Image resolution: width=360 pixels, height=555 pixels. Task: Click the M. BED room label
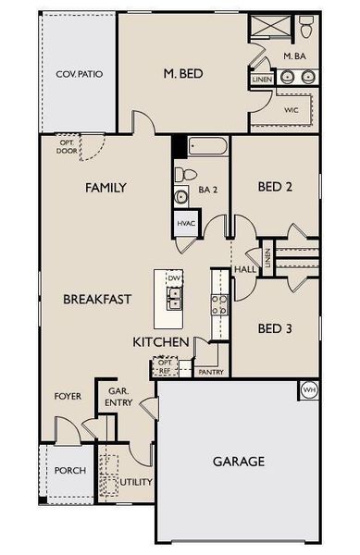[183, 73]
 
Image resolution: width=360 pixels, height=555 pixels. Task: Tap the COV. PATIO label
[78, 73]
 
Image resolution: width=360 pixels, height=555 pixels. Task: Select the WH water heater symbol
[309, 390]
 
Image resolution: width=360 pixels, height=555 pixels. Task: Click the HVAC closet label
[185, 224]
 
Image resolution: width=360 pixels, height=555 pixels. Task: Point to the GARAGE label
[239, 461]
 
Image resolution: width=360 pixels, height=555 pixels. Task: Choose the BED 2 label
[275, 187]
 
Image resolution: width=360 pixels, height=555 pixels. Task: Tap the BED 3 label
[275, 327]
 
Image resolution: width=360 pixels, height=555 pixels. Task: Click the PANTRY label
[211, 372]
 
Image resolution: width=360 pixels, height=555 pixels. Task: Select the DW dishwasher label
[173, 278]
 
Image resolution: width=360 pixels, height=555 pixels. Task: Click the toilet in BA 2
[182, 175]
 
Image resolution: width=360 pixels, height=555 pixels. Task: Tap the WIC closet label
[292, 109]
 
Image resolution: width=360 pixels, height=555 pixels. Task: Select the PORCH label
[70, 470]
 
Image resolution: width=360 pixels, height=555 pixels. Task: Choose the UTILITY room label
[136, 482]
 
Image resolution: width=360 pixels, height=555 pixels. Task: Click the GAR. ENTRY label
[119, 396]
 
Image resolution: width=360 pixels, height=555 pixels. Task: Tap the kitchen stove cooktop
[220, 304]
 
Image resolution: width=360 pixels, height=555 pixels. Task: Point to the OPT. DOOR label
[67, 145]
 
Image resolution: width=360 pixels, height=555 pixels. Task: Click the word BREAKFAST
[97, 300]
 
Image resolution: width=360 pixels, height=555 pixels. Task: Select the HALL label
[244, 269]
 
